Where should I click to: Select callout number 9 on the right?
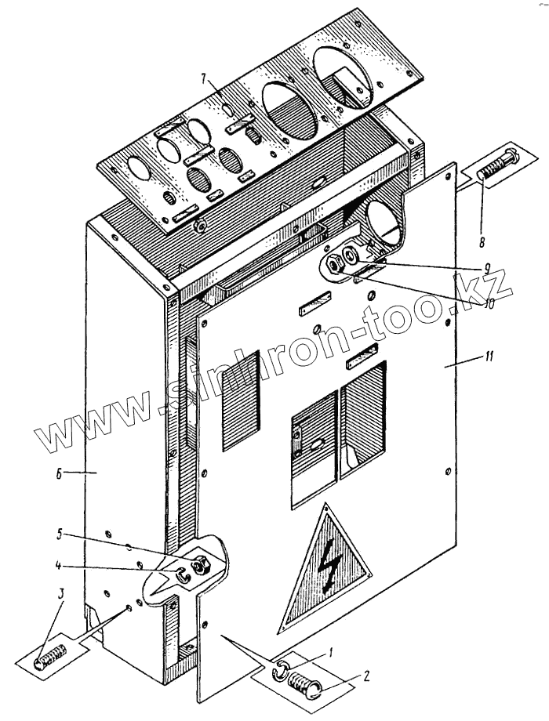tap(487, 268)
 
